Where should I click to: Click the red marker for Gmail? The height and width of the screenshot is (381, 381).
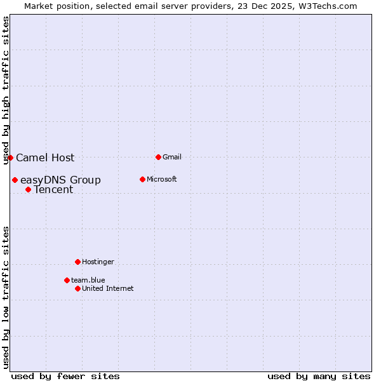tap(158, 157)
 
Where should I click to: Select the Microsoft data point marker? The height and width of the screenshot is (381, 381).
tap(142, 179)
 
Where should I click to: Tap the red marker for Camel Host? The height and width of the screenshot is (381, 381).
tap(11, 157)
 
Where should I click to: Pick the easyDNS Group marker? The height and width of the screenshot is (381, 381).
tap(15, 180)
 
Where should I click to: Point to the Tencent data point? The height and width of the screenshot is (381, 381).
tap(28, 189)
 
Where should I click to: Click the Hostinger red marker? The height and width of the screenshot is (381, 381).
tap(77, 262)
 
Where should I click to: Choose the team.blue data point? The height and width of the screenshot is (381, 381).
tap(67, 280)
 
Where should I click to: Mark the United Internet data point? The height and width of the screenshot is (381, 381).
tap(77, 288)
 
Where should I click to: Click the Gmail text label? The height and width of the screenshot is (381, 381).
tap(171, 157)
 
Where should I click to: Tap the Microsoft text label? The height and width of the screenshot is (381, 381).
tap(161, 179)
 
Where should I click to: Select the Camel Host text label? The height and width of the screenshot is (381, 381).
tap(45, 157)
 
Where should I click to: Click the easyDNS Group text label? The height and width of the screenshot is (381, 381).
tap(60, 180)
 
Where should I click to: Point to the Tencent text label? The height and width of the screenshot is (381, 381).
tap(53, 189)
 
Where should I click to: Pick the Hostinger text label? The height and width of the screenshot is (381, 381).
tap(98, 262)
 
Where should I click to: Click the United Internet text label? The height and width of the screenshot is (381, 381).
tap(108, 288)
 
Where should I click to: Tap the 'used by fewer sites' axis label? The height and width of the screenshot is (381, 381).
tap(65, 376)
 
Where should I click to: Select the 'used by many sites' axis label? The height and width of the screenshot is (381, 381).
tap(319, 376)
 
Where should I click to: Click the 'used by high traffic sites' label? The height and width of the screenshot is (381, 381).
tap(6, 91)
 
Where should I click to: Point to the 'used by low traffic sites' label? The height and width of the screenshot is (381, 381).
tap(6, 297)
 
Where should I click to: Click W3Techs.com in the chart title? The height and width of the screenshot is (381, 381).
tap(328, 6)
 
